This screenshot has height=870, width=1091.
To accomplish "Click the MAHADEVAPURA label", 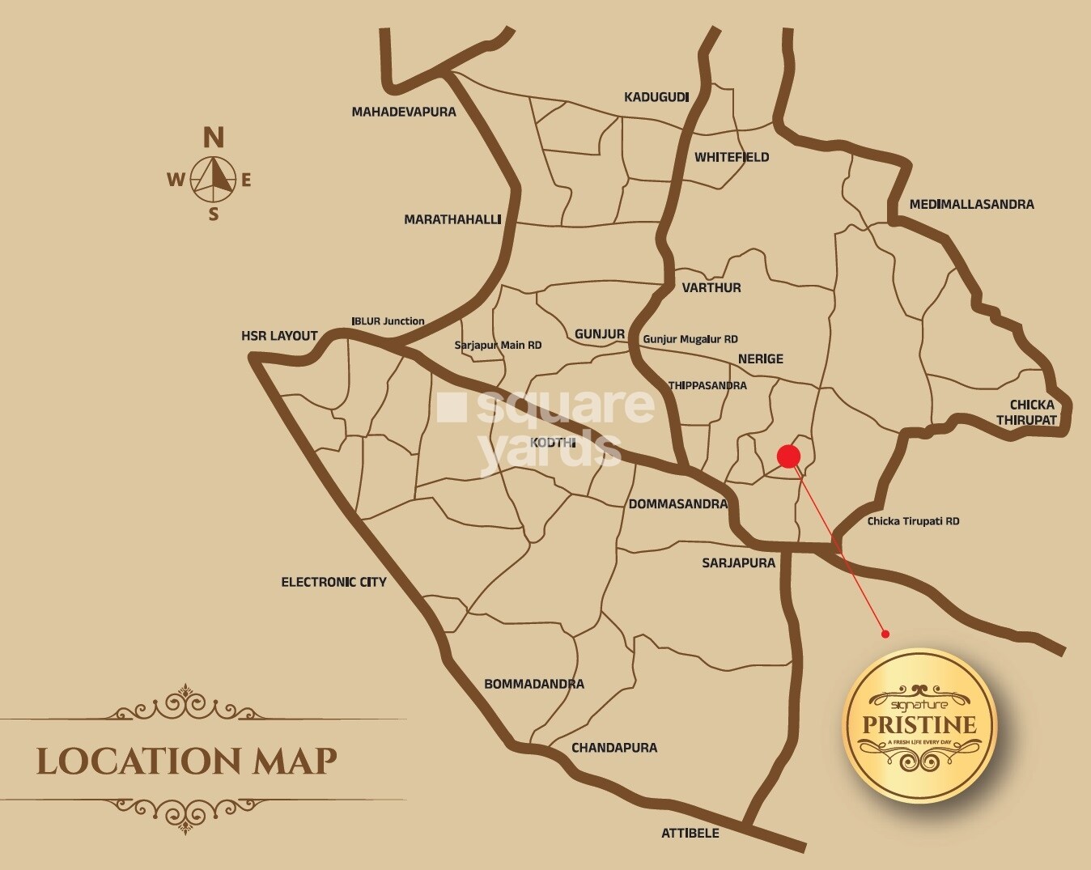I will click(404, 112).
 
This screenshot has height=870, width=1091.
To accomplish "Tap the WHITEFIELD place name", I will click(732, 157).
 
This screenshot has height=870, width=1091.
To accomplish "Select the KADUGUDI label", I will click(656, 97).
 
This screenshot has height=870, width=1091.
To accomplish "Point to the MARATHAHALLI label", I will click(452, 219).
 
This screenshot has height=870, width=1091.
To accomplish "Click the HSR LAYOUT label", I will click(279, 336).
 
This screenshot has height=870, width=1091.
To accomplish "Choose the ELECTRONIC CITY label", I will click(333, 582).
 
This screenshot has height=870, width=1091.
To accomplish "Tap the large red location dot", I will click(788, 456).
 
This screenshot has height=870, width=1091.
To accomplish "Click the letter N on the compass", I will click(213, 138).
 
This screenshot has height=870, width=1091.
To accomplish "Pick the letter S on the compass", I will click(214, 214).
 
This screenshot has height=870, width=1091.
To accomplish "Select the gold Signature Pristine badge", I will click(919, 725).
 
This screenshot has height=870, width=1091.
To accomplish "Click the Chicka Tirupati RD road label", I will click(913, 521).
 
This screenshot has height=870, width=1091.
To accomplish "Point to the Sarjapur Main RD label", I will click(498, 346).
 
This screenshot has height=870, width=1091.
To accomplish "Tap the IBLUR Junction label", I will click(388, 321).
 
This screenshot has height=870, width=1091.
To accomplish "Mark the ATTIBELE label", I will click(690, 833).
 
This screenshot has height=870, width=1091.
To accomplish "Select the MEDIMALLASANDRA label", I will click(971, 205).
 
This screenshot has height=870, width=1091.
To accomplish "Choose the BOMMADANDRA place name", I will click(534, 684).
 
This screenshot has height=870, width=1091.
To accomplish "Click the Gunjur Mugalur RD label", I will click(690, 339).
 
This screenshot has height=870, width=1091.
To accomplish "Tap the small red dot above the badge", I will click(885, 634).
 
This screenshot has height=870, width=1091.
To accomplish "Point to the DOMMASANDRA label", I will click(678, 504).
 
